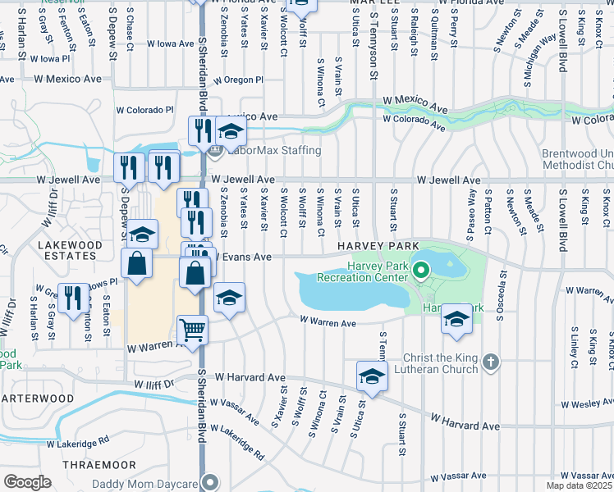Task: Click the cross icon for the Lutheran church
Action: pyautogui.click(x=490, y=362)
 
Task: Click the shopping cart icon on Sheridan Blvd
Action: pyautogui.click(x=193, y=330)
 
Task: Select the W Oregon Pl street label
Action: pyautogui.click(x=238, y=80)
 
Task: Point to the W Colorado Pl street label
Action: pyautogui.click(x=145, y=109)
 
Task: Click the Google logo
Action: pyautogui.click(x=27, y=482)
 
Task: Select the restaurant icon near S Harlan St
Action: pyautogui.click(x=75, y=298)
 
